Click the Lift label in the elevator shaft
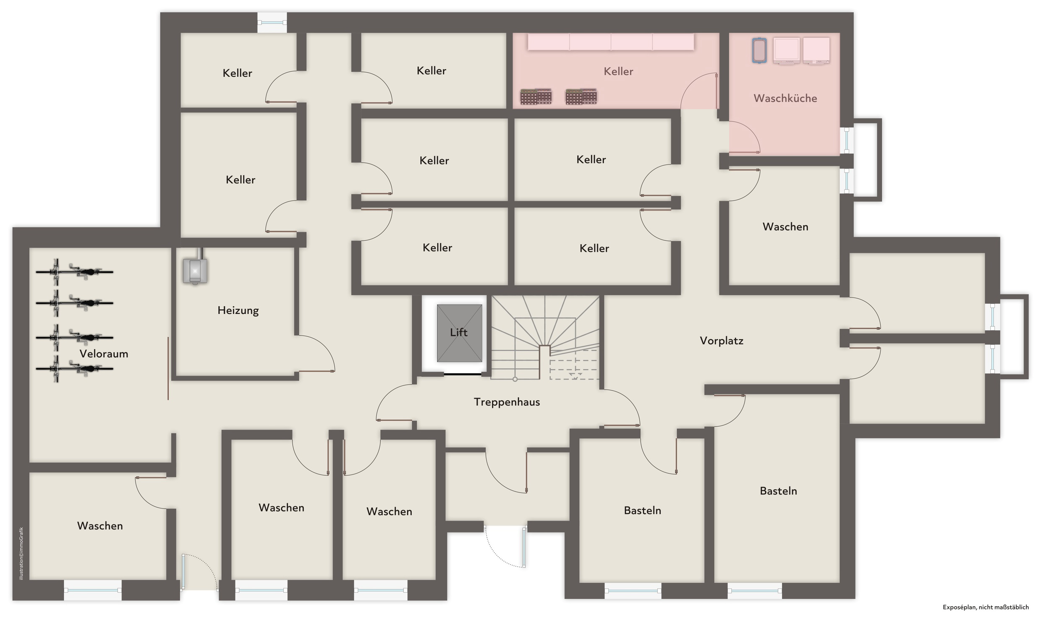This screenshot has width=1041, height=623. (x=458, y=333)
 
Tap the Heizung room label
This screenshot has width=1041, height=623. (x=238, y=310)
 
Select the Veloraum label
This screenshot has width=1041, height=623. (x=104, y=354)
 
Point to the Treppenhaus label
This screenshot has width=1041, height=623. (x=506, y=402)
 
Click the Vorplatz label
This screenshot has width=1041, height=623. (x=721, y=341)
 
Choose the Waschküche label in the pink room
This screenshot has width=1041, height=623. (x=785, y=98)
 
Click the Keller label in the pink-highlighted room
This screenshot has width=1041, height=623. (x=618, y=71)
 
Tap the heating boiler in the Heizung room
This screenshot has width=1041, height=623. (x=195, y=271)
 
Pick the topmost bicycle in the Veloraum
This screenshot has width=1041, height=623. (x=74, y=271)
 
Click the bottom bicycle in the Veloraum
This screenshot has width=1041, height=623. (x=74, y=369)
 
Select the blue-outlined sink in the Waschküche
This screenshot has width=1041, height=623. (x=759, y=50)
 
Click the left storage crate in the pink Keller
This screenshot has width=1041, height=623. (x=536, y=96)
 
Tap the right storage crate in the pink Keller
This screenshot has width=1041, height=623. (x=581, y=96)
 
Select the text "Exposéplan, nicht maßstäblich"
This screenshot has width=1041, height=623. (x=986, y=607)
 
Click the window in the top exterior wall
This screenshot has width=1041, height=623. (x=272, y=23)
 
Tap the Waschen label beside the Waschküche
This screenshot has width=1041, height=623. (x=785, y=227)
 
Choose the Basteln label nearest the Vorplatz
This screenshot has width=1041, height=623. (x=778, y=491)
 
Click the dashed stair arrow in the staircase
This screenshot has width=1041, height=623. (x=575, y=375)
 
